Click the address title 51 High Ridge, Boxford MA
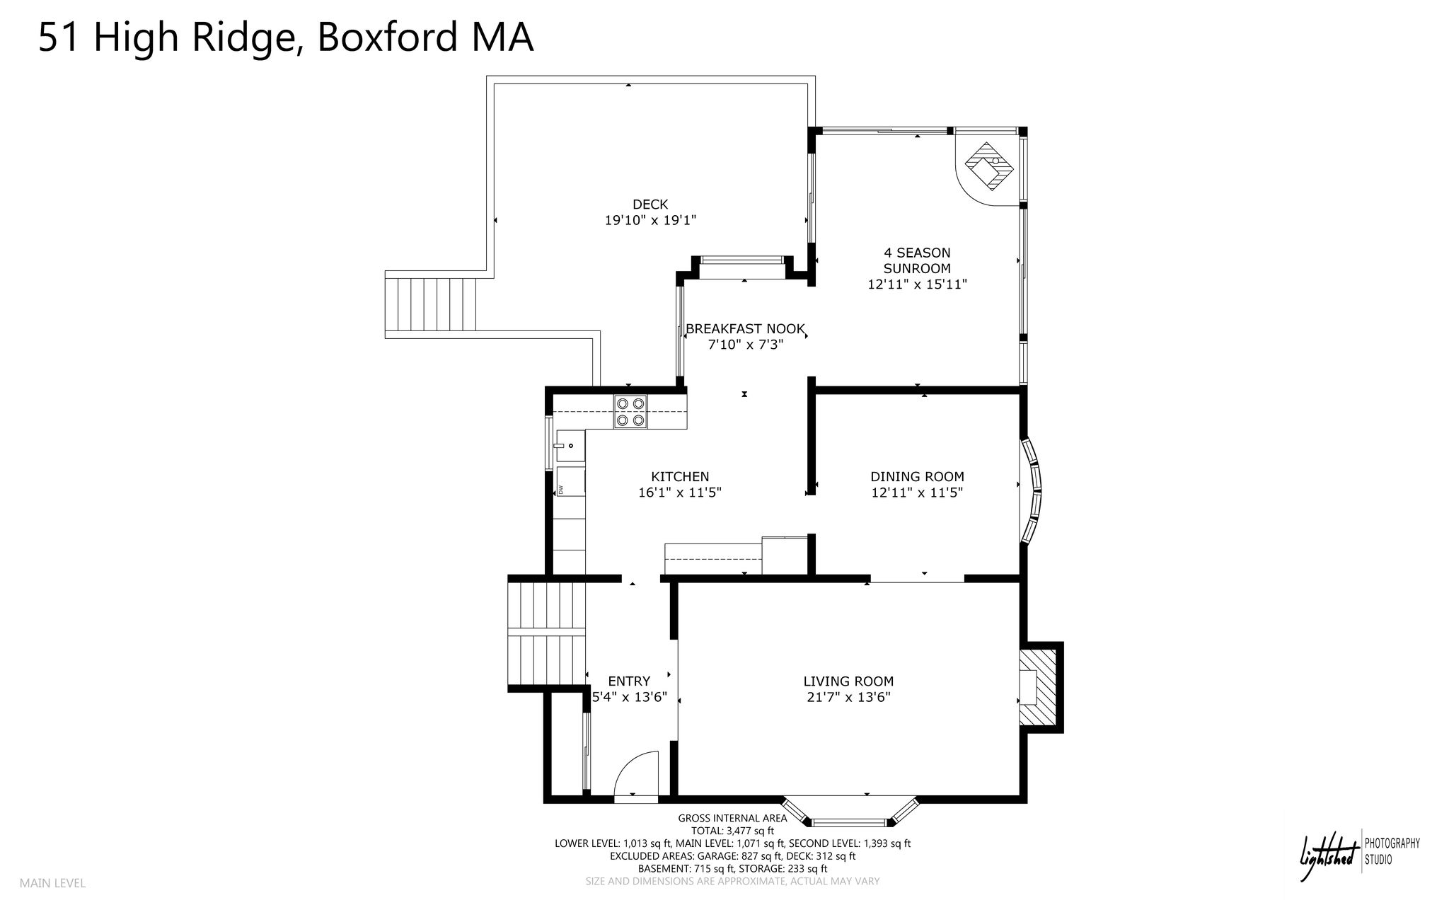click(x=285, y=38)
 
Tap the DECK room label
click(x=650, y=204)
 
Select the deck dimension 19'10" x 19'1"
click(x=650, y=221)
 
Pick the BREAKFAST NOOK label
click(x=745, y=329)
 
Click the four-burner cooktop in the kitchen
click(x=630, y=412)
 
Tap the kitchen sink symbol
click(x=570, y=446)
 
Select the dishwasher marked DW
click(x=570, y=482)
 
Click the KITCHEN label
click(x=680, y=477)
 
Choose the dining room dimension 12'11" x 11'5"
click(x=917, y=492)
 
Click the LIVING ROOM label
click(x=848, y=681)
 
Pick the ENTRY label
click(x=629, y=681)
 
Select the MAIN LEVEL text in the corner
click(x=52, y=883)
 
